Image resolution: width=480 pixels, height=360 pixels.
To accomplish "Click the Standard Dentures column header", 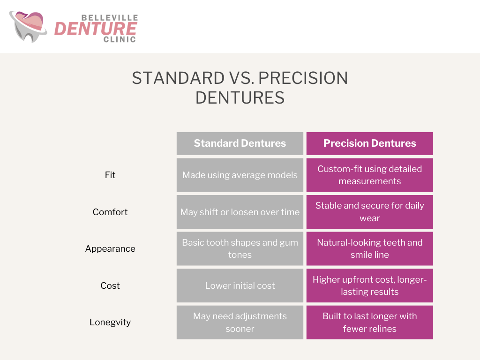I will pos(240,143).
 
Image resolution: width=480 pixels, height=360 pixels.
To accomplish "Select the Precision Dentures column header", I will pos(369,143).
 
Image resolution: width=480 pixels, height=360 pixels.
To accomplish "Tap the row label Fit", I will pos(110,175).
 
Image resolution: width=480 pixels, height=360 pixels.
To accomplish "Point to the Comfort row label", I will pos(110,212).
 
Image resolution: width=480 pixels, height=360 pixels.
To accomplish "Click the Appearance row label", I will pos(110,249).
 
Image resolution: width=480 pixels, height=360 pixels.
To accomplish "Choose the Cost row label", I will pos(110,285).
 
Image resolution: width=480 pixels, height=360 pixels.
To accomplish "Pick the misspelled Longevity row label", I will pos(110,322).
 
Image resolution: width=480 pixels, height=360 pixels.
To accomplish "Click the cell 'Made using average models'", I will pos(240,175).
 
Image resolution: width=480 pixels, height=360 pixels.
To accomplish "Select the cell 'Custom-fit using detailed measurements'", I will pos(369,175).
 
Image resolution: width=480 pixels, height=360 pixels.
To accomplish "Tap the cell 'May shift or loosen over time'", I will pos(240,212).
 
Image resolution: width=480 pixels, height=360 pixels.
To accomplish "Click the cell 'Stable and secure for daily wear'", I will pos(369,212).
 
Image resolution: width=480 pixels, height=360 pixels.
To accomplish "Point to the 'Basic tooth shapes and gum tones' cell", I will pos(240,248).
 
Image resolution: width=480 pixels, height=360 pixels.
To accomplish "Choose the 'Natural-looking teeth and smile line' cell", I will pos(369,248).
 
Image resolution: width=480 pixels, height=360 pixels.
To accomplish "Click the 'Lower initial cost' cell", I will pos(240,285).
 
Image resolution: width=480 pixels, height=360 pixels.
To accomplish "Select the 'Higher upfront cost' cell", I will pos(369,285).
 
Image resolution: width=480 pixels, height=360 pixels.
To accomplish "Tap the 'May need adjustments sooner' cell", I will pos(240,322).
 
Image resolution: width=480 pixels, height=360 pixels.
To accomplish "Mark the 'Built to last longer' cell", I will pos(369,322).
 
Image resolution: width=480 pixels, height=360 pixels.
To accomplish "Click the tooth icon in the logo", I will pos(28,27).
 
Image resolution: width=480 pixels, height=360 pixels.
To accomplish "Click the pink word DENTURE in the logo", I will pos(96,29).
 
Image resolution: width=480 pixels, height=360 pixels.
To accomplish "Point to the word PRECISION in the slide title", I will pos(303,78).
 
